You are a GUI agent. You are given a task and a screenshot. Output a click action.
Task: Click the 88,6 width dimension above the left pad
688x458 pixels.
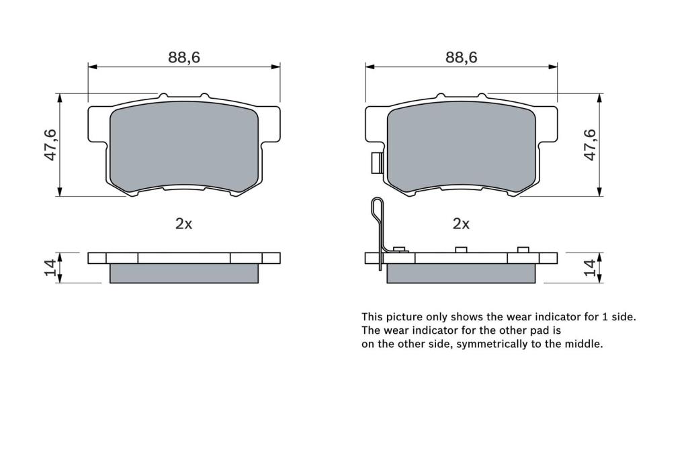[x=184, y=58]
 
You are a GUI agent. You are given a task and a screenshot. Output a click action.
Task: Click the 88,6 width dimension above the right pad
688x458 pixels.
[x=461, y=58]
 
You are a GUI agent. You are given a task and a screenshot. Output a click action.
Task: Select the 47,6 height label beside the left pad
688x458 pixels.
[x=51, y=145]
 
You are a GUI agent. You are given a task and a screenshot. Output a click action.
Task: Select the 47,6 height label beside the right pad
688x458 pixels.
[x=591, y=145]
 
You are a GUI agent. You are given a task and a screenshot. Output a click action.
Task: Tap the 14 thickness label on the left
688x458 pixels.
[x=50, y=267]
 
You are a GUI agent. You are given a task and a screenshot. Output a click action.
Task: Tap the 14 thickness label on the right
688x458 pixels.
[x=591, y=267]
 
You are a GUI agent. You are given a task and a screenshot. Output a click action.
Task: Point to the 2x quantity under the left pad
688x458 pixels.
[x=184, y=224]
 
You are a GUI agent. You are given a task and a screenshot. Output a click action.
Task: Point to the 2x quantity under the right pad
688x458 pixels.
[x=461, y=224]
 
